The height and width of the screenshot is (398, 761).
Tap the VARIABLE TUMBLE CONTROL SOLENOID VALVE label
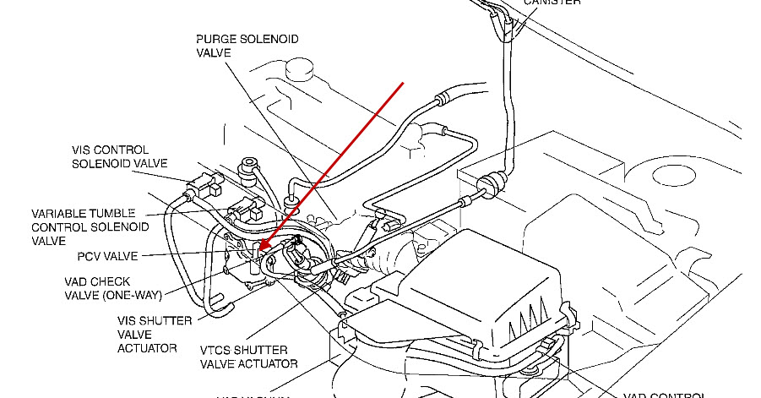coord(90,227)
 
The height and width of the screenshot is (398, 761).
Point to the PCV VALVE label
coord(106,255)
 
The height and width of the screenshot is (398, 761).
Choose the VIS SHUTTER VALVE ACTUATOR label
coord(155,334)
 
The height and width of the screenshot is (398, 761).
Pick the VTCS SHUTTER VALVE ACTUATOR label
coord(249,357)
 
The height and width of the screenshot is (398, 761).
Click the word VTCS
coord(218,350)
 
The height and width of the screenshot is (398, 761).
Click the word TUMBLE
coord(120,214)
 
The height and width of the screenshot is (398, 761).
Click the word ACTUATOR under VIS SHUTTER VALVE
coord(148,347)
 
